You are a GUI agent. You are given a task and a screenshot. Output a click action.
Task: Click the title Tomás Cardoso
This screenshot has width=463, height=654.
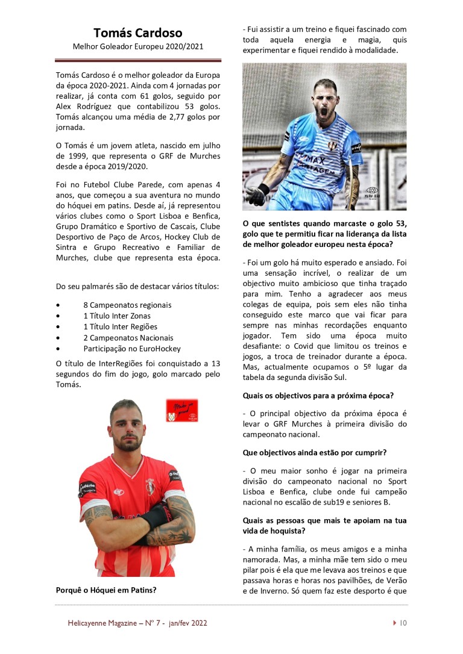pyautogui.click(x=137, y=33)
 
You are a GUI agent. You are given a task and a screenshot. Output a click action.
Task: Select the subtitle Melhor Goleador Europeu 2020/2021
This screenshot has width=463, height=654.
pyautogui.click(x=137, y=46)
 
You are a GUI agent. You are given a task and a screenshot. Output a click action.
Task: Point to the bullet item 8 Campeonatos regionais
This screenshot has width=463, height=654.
pyautogui.click(x=127, y=305)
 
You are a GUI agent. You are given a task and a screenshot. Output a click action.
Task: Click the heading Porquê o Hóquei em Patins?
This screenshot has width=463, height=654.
pyautogui.click(x=110, y=590)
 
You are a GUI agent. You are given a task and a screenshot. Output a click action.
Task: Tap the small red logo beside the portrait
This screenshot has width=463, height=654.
pyautogui.click(x=182, y=410)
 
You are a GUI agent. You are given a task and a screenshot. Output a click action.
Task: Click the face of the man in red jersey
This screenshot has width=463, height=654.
pyautogui.click(x=126, y=427)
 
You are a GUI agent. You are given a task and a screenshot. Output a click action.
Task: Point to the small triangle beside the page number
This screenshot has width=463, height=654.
pyautogui.click(x=394, y=623)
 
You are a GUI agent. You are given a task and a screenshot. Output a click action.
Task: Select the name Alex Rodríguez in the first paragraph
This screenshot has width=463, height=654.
pyautogui.click(x=81, y=107)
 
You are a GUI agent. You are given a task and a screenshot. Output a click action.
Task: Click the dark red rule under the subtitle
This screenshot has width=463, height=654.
pyautogui.click(x=137, y=60)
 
